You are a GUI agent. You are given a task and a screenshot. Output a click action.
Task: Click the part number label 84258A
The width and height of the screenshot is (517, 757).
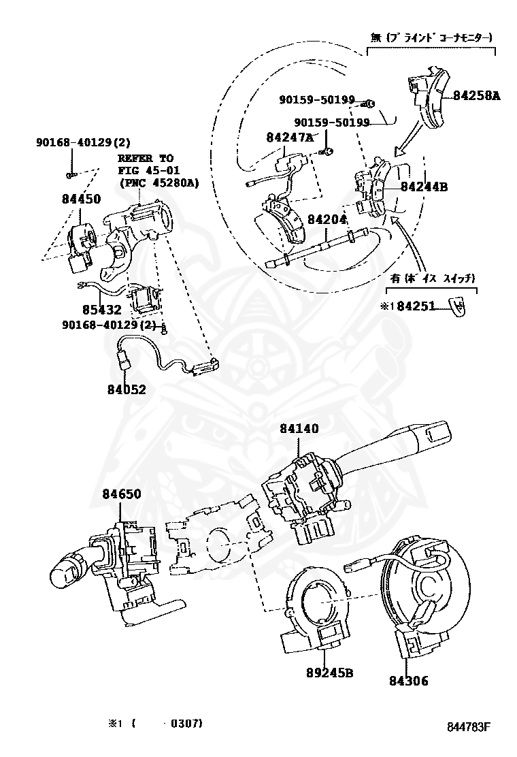point(476,96)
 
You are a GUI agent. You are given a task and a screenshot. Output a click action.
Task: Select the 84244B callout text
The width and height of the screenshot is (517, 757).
point(423,186)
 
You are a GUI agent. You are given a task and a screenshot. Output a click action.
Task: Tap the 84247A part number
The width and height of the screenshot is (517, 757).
point(289,137)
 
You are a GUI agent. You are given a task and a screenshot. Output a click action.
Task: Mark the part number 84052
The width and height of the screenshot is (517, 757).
point(126,389)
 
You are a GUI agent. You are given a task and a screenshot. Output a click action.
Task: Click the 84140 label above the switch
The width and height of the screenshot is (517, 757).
point(299,428)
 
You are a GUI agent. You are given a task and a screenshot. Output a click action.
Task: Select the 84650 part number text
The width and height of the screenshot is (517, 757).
point(122,494)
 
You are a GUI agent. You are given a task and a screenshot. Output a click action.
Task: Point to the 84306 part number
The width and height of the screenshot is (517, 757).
point(409,680)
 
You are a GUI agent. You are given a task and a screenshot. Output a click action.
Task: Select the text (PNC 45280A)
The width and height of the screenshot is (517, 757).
point(159,182)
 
